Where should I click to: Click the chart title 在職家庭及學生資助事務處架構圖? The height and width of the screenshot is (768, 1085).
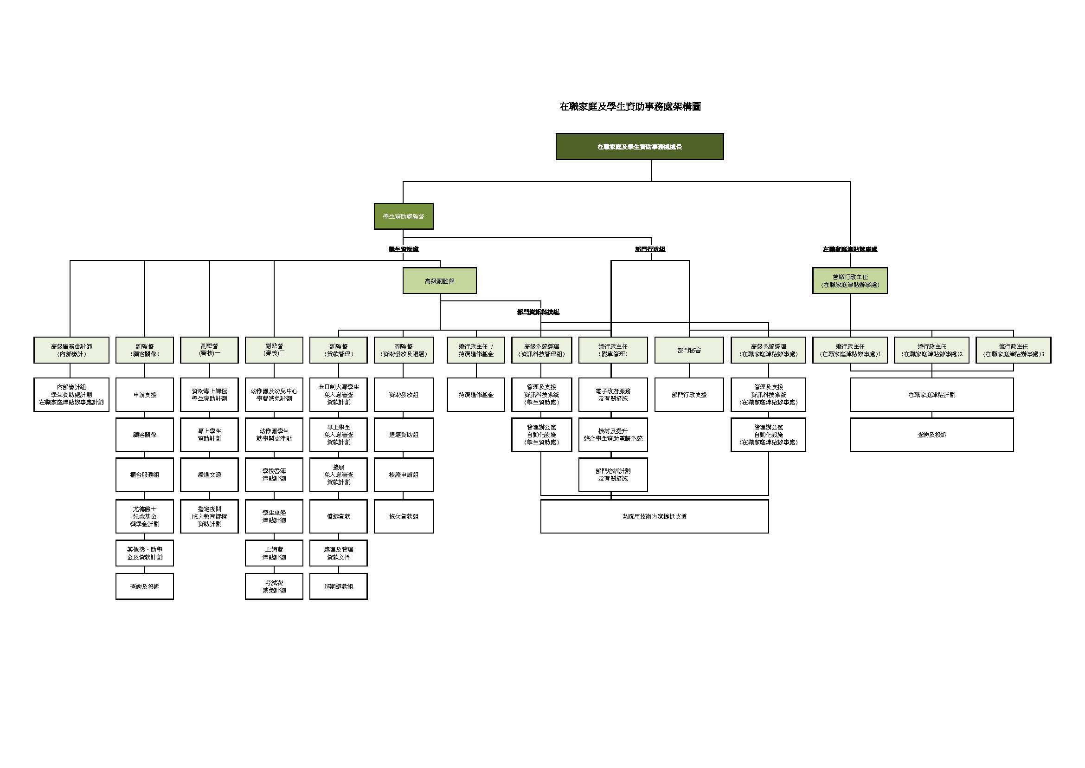point(630,107)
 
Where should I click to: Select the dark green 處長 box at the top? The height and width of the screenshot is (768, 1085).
point(639,147)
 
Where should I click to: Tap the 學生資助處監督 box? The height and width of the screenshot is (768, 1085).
point(403,216)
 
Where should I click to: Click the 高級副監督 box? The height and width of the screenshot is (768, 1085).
point(439,280)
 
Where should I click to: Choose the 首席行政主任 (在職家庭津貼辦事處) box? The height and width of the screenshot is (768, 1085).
point(850,280)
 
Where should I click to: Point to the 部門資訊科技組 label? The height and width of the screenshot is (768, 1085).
point(538,312)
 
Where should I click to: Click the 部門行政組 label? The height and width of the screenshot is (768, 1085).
point(650,249)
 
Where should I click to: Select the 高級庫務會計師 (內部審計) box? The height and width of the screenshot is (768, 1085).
point(71,350)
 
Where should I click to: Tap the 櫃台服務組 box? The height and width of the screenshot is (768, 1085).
point(145,475)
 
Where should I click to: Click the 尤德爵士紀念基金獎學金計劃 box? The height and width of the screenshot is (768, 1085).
point(145,516)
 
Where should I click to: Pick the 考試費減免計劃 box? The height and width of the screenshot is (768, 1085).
point(274,586)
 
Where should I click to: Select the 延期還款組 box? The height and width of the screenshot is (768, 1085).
point(338,586)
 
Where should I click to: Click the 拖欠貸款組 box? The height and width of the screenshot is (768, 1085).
point(404,516)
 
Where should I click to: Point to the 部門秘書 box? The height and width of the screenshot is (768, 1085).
point(689,350)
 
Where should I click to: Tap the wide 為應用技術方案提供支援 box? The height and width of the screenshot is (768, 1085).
point(655,516)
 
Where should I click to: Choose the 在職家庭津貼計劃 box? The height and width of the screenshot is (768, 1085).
point(931,394)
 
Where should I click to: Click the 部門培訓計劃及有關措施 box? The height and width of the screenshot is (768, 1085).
point(613,475)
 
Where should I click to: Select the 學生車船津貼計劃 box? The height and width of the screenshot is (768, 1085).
point(274,516)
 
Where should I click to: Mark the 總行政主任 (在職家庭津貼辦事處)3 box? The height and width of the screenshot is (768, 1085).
point(1013,350)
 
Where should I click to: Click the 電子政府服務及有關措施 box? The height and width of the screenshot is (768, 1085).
point(613,394)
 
